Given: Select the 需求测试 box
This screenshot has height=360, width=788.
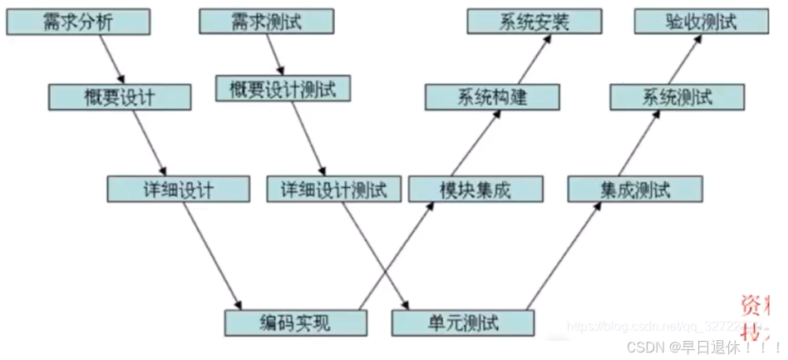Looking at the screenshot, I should tap(267, 22).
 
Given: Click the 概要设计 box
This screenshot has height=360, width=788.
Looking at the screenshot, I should tap(120, 97).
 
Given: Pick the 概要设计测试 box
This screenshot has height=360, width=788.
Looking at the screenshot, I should tap(283, 88).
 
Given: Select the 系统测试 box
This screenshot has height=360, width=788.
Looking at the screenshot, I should tap(677, 97).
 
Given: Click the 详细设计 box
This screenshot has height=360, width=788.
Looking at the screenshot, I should tap(178, 189).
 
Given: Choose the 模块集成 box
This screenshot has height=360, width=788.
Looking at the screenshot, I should tap(475, 189).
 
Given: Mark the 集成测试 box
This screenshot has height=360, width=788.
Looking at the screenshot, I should tap(636, 189).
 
